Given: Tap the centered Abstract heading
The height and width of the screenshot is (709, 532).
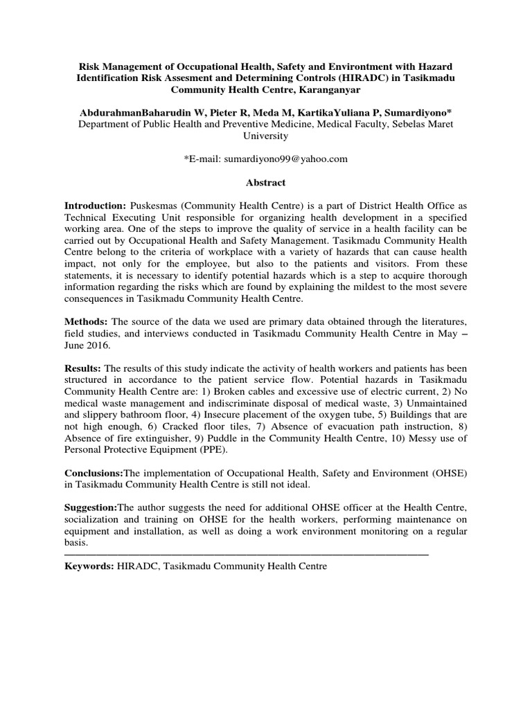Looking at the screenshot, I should click(265, 183).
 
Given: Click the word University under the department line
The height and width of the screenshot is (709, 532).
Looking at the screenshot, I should click(265, 136).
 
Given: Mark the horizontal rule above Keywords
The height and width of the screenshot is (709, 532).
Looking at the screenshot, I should click(246, 554).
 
